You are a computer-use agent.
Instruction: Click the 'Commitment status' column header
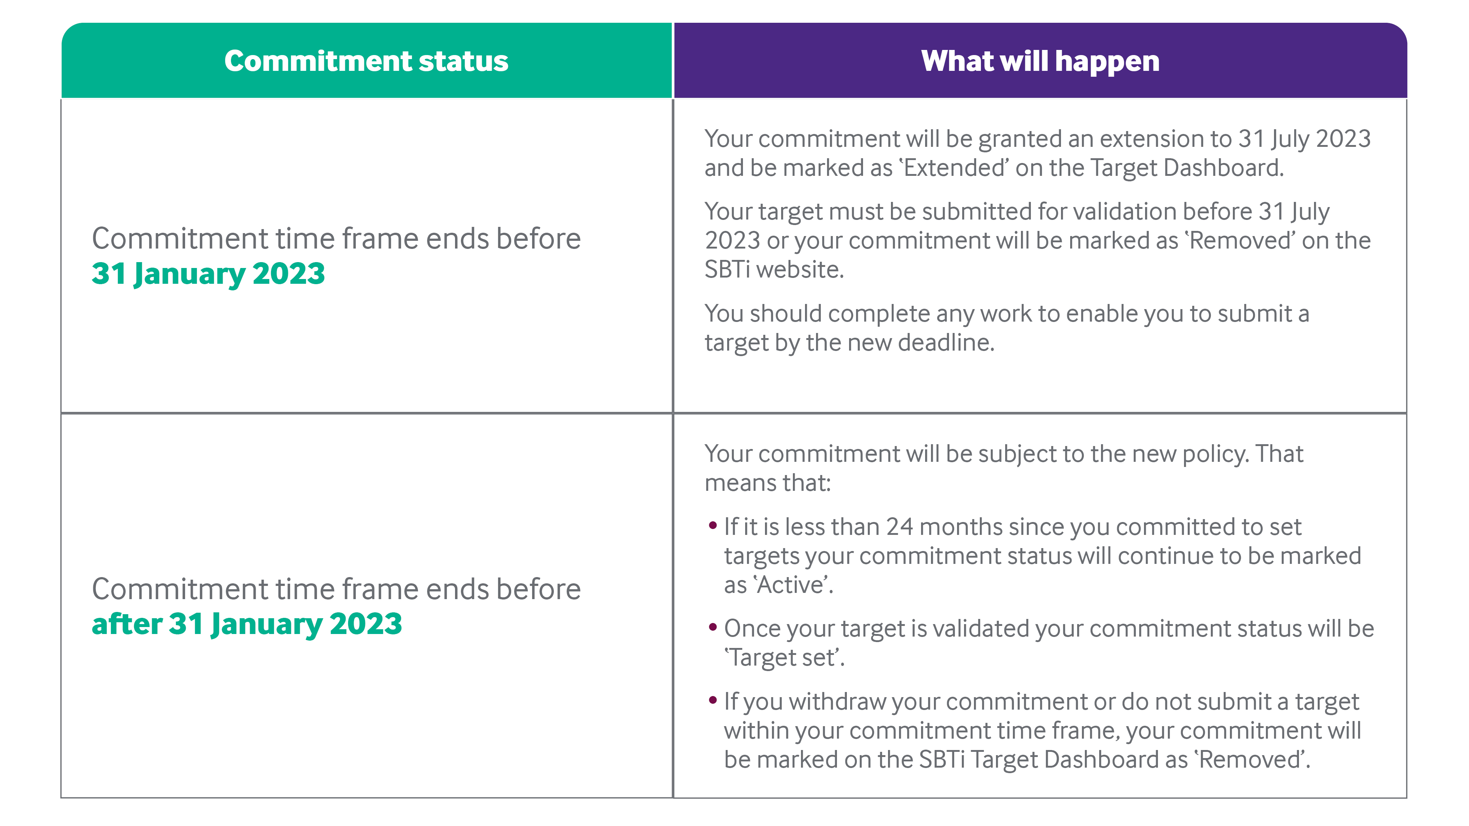coord(366,61)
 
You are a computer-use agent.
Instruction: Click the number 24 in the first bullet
coord(900,527)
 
